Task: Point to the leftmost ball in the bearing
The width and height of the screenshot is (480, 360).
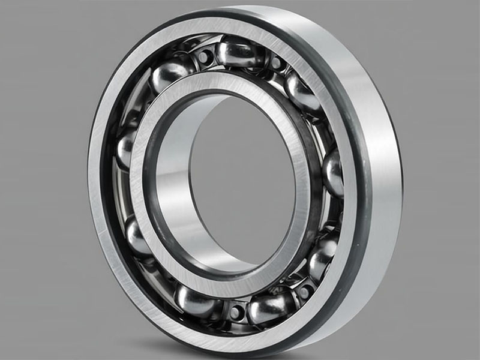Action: pyautogui.click(x=125, y=148)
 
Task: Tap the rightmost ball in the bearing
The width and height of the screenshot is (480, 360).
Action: pyautogui.click(x=334, y=173)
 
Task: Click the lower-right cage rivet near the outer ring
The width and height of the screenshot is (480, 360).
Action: pyautogui.click(x=304, y=291)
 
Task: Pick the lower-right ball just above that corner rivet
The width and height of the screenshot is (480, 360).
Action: pyautogui.click(x=322, y=255)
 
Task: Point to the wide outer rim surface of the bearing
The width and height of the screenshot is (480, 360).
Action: pyautogui.click(x=375, y=150)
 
